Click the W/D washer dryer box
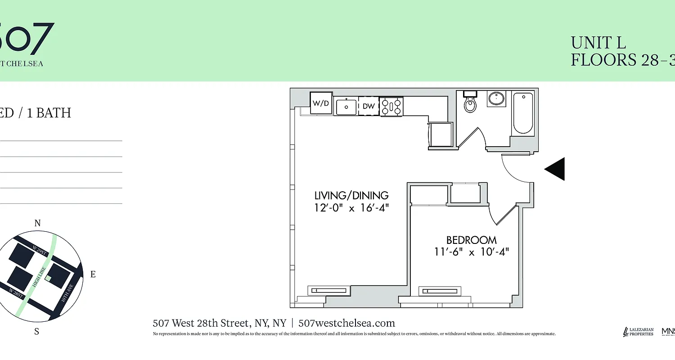[x=321, y=103]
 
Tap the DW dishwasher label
[x=369, y=106]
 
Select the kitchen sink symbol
[x=346, y=106]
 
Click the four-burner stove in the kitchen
[x=391, y=107]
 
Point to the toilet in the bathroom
[x=470, y=103]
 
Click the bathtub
[x=523, y=113]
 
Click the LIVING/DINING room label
[x=351, y=195]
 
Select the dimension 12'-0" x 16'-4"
[x=351, y=208]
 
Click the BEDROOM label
[x=471, y=240]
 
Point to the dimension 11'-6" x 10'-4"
[x=471, y=252]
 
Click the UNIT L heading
[x=598, y=43]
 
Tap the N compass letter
[x=38, y=223]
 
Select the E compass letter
[x=93, y=274]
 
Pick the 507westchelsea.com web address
[x=346, y=323]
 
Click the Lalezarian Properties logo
[x=638, y=332]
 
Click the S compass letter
[x=37, y=332]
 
